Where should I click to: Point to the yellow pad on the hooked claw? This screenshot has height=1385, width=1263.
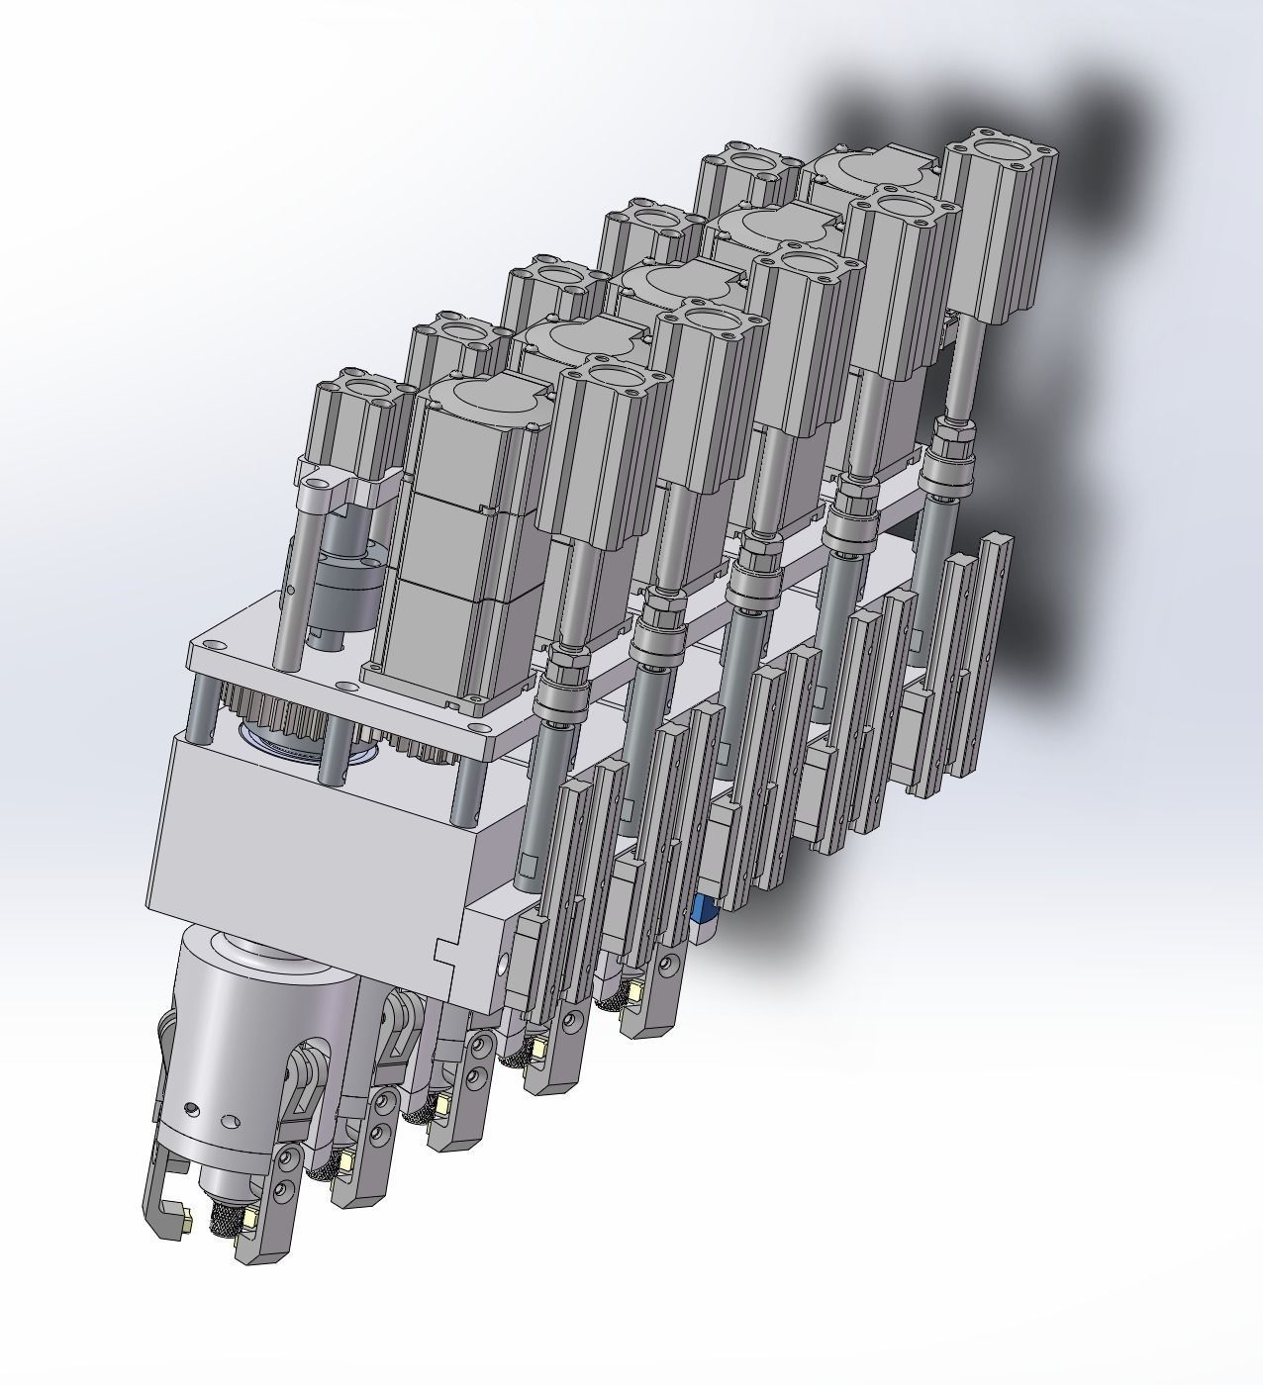(184, 1227)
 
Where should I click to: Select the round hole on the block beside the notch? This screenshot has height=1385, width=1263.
(508, 959)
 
